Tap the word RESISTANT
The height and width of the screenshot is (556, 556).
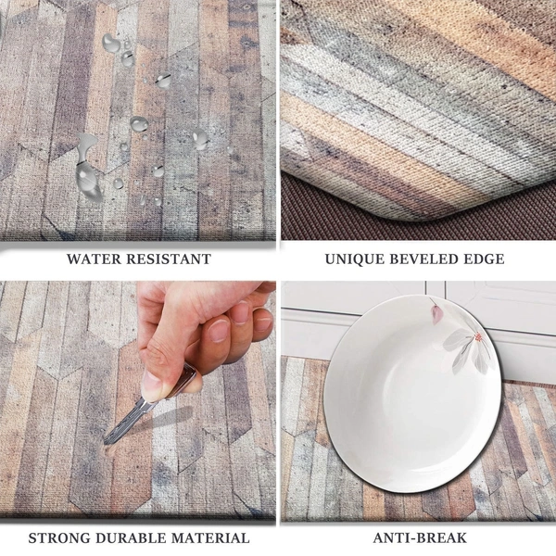pyautogui.click(x=170, y=259)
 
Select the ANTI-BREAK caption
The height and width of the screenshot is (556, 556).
pyautogui.click(x=420, y=537)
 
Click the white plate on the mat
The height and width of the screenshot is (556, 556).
pyautogui.click(x=412, y=394)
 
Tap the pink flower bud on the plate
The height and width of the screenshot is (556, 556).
pyautogui.click(x=436, y=314)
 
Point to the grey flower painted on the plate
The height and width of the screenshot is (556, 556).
pyautogui.click(x=467, y=350)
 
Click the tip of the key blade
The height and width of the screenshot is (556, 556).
pyautogui.click(x=105, y=442)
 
